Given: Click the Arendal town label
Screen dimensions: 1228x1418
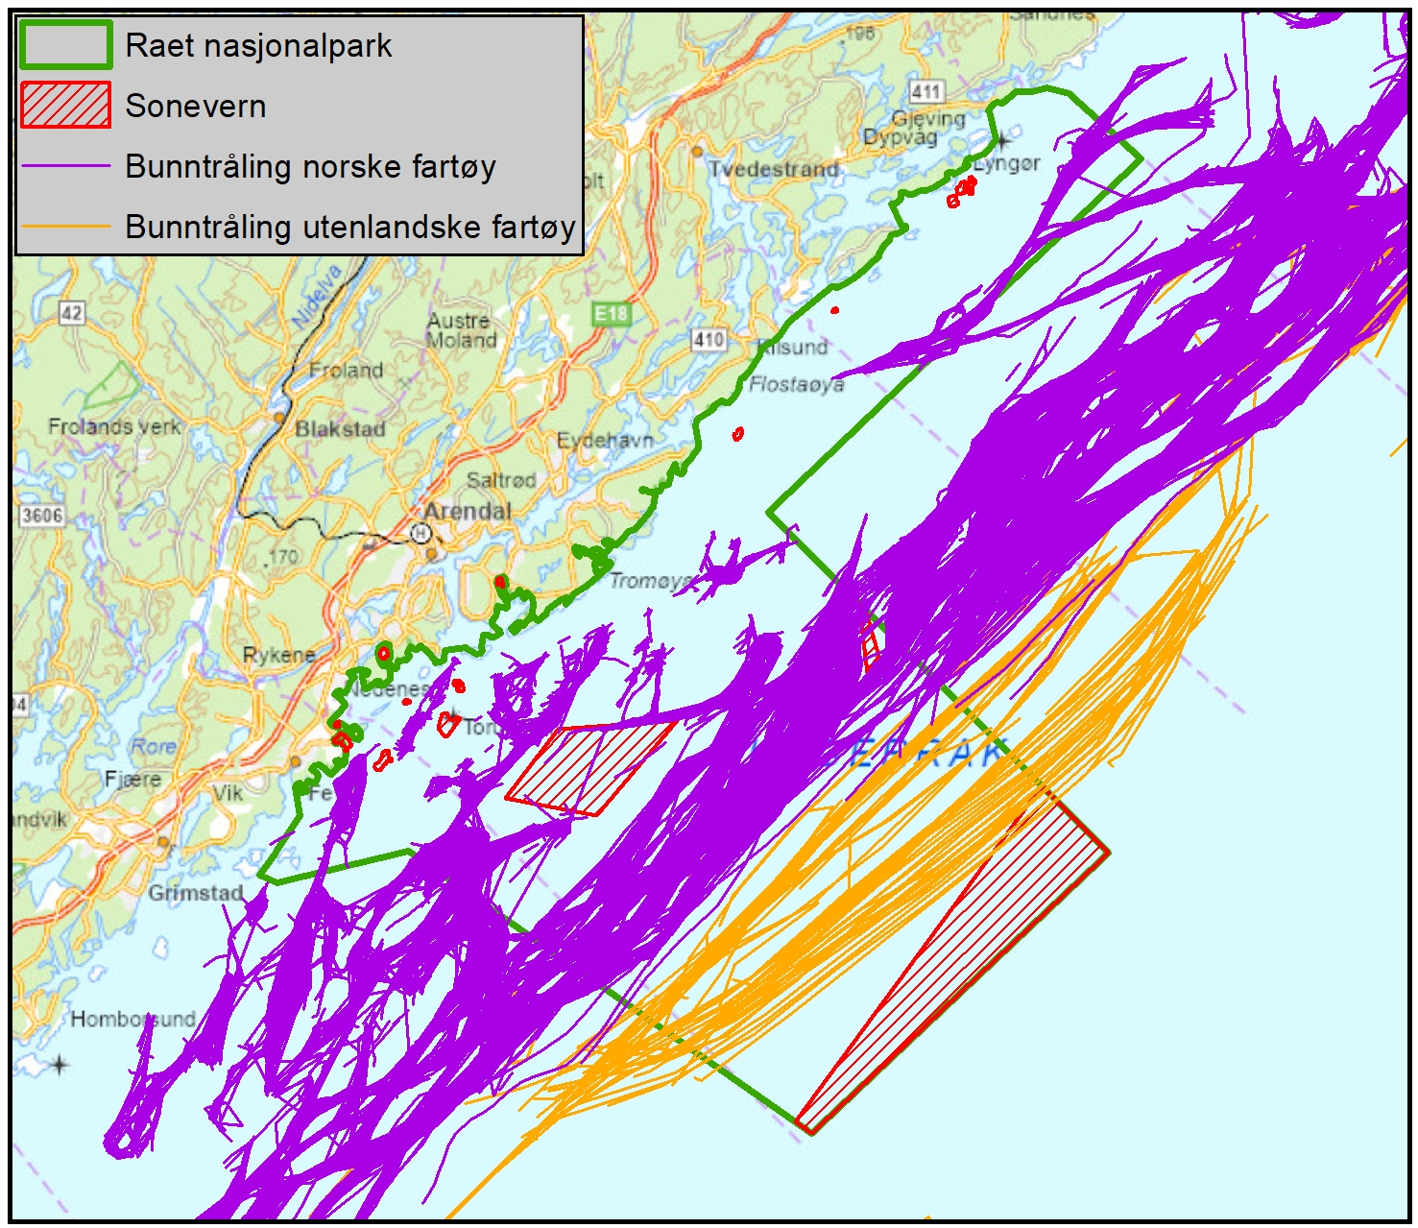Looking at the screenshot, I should [468, 511].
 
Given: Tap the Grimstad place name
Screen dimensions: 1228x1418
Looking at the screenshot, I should [195, 893].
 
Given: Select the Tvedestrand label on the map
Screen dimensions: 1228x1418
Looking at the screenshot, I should [773, 169].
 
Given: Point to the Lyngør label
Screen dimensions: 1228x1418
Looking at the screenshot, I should [1006, 163].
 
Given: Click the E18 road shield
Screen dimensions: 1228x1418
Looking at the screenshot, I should [611, 314].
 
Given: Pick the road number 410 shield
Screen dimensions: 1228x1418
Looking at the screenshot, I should [709, 339].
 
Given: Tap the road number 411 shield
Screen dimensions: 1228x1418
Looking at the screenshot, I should [925, 91].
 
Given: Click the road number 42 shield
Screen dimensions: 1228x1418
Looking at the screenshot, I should [71, 313].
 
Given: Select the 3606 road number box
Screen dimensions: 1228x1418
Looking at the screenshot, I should [42, 516].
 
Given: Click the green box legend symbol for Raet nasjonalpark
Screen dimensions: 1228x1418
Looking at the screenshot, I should [65, 45].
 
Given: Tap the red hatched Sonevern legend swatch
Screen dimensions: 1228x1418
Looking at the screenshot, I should [65, 106].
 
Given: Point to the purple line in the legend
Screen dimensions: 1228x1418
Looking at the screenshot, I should [65, 166].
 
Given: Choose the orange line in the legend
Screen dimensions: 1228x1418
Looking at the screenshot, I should [65, 227].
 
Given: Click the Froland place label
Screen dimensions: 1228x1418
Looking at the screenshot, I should [346, 371].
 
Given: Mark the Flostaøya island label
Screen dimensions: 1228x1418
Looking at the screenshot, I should [796, 385].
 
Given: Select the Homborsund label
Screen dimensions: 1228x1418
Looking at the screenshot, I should [132, 1019].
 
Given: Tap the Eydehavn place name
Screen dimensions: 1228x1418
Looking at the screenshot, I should [605, 441].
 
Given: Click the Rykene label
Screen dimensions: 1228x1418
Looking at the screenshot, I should [278, 655].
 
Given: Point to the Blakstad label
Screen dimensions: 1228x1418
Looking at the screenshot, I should [340, 429].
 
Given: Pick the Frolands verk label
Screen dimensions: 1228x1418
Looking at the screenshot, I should [114, 426].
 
